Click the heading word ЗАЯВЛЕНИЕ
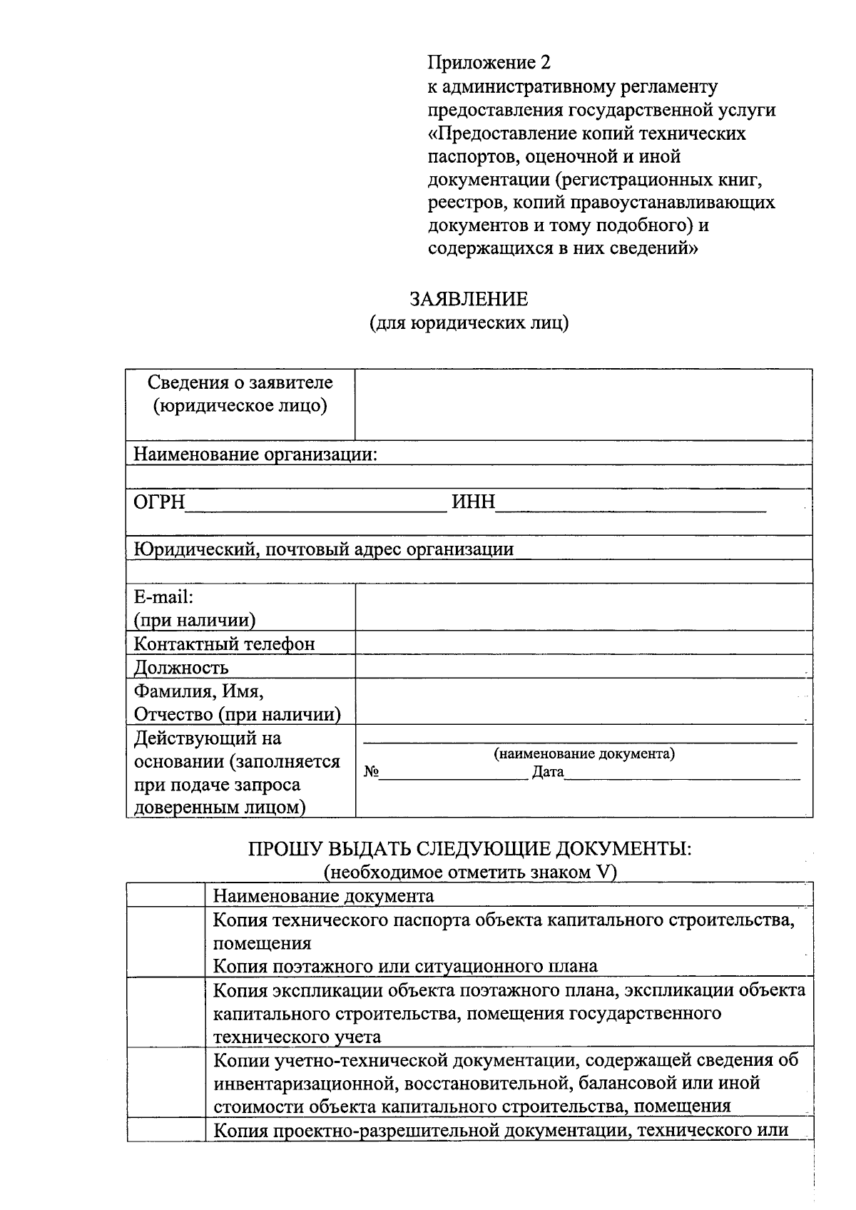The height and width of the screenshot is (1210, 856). coord(469,299)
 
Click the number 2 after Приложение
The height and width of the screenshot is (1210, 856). coord(546,63)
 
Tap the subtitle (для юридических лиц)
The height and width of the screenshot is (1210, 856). coord(469,323)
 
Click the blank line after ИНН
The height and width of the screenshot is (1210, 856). coord(631,504)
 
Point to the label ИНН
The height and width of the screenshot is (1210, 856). coord(474,502)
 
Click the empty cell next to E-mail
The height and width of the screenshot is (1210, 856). coord(584,607)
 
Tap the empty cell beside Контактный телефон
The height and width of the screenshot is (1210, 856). coord(584,644)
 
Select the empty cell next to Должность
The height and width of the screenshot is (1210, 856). coord(584,667)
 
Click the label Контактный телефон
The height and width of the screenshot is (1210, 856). coord(225,644)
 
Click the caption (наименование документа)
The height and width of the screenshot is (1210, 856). coord(584,754)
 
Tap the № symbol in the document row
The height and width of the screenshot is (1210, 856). coord(371,772)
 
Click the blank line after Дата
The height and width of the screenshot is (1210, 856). coord(683,773)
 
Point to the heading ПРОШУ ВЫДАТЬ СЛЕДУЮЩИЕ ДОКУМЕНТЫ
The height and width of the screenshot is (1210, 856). coord(470,849)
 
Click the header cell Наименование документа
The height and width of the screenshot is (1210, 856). coord(324,896)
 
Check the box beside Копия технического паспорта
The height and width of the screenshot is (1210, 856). coord(166,942)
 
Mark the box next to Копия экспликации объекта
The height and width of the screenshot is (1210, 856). coord(166,1013)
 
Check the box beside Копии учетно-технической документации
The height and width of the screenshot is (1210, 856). coord(166,1083)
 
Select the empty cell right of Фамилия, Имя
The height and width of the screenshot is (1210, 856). coord(584,702)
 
